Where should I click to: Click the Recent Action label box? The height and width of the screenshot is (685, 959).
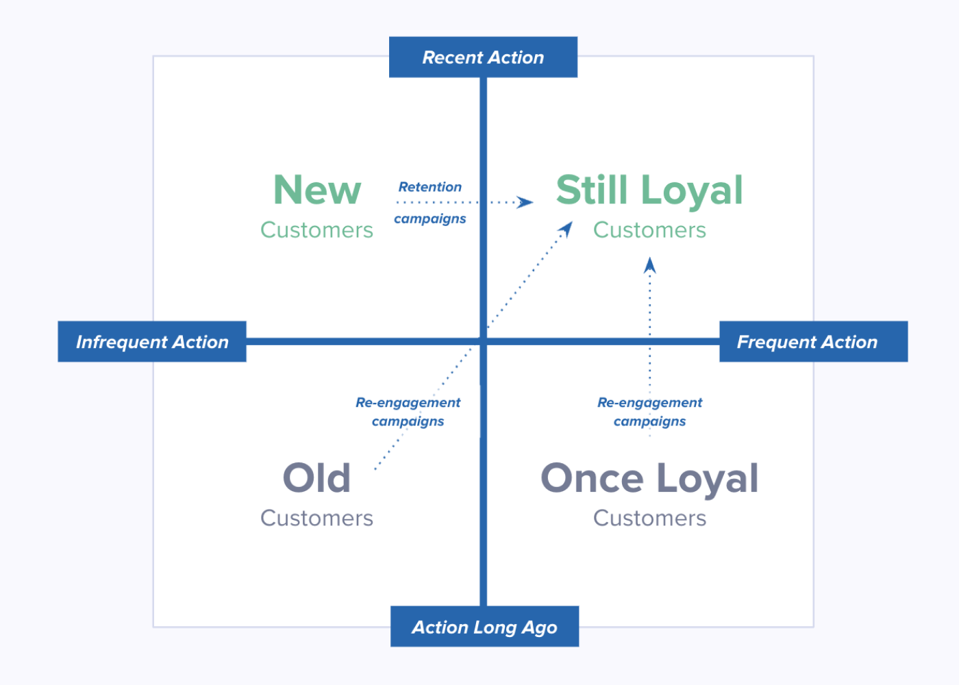point(483,58)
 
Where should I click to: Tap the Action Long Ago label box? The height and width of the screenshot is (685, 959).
point(484,627)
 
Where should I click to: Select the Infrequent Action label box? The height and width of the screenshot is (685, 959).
point(152,342)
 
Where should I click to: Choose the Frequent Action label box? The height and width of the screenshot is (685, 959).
point(813,342)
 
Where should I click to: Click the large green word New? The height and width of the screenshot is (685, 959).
point(317,190)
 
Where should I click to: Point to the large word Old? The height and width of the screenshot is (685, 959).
point(316,477)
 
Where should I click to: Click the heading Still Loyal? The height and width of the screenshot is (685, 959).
point(649,190)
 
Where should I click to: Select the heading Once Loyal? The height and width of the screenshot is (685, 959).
point(649,478)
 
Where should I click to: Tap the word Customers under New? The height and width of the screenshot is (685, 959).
point(316,230)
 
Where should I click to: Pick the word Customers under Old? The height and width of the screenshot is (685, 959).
point(316,519)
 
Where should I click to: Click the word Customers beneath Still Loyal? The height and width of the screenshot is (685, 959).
point(649,230)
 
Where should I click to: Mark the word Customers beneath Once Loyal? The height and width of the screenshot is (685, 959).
point(649,519)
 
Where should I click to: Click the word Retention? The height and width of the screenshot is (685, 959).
point(430,187)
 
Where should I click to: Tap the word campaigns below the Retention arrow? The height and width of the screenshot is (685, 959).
point(429,219)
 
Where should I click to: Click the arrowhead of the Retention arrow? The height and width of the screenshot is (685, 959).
point(526,202)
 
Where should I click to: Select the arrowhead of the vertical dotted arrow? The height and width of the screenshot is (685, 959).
point(650,265)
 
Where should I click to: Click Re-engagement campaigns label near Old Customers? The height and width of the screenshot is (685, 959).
point(408,412)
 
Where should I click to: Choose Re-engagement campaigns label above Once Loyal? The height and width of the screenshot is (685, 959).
point(649,412)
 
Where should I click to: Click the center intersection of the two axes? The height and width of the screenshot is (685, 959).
point(483,341)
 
